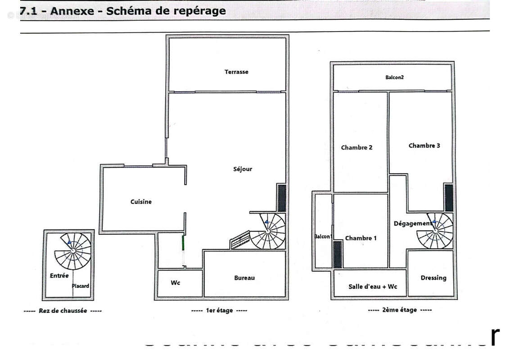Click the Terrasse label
236,72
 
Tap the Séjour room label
243,169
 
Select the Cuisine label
141,202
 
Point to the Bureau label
244,278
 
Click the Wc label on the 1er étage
176,283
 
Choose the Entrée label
59,275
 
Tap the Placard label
81,286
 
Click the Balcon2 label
394,77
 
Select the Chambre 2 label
357,148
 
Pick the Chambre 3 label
424,145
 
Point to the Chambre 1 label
361,238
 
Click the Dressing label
433,278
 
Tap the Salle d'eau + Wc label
373,287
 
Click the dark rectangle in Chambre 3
449,198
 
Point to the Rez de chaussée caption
63,311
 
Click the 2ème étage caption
400,310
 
